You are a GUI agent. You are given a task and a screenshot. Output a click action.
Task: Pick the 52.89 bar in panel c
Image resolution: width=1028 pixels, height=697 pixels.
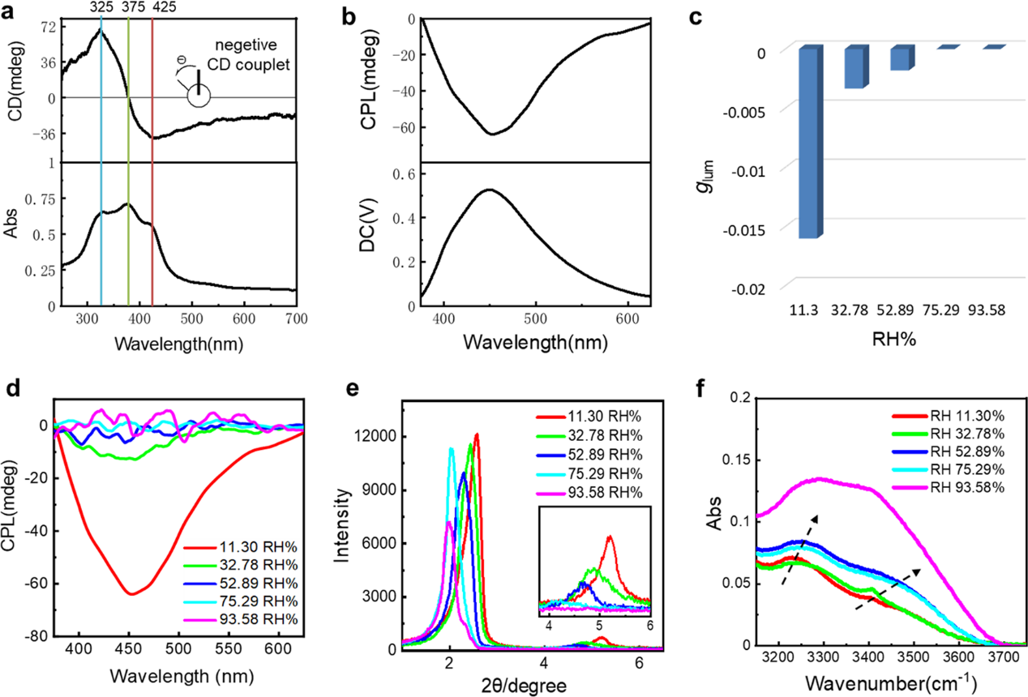point(902,59)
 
